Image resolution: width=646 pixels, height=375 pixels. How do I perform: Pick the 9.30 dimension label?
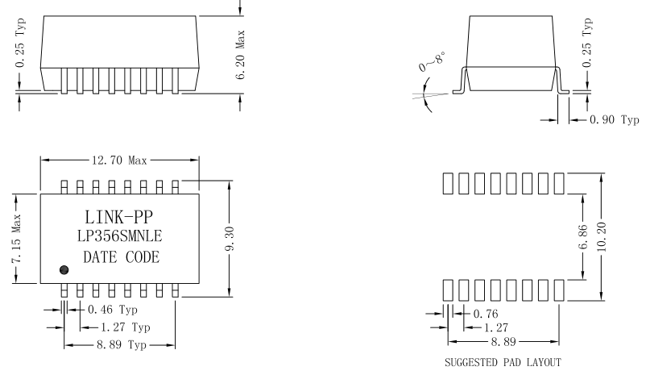coord(230,237)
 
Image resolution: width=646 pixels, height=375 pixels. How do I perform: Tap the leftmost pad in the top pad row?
coord(448,183)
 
